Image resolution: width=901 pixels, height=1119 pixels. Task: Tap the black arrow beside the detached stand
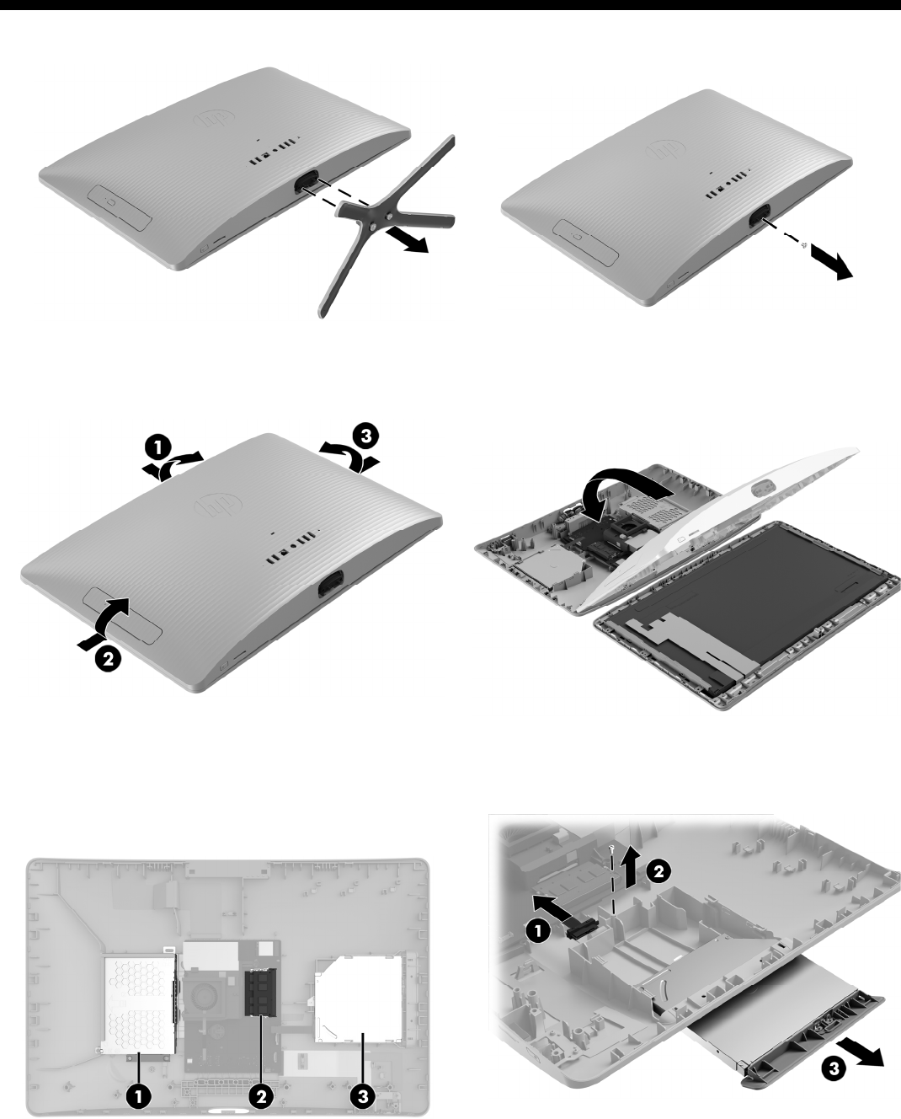pyautogui.click(x=408, y=243)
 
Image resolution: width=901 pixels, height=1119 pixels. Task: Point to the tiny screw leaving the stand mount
pyautogui.click(x=803, y=245)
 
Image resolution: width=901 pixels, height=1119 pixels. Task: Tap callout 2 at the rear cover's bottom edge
pyautogui.click(x=108, y=659)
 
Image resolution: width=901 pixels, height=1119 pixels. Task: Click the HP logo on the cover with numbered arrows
pyautogui.click(x=218, y=504)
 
